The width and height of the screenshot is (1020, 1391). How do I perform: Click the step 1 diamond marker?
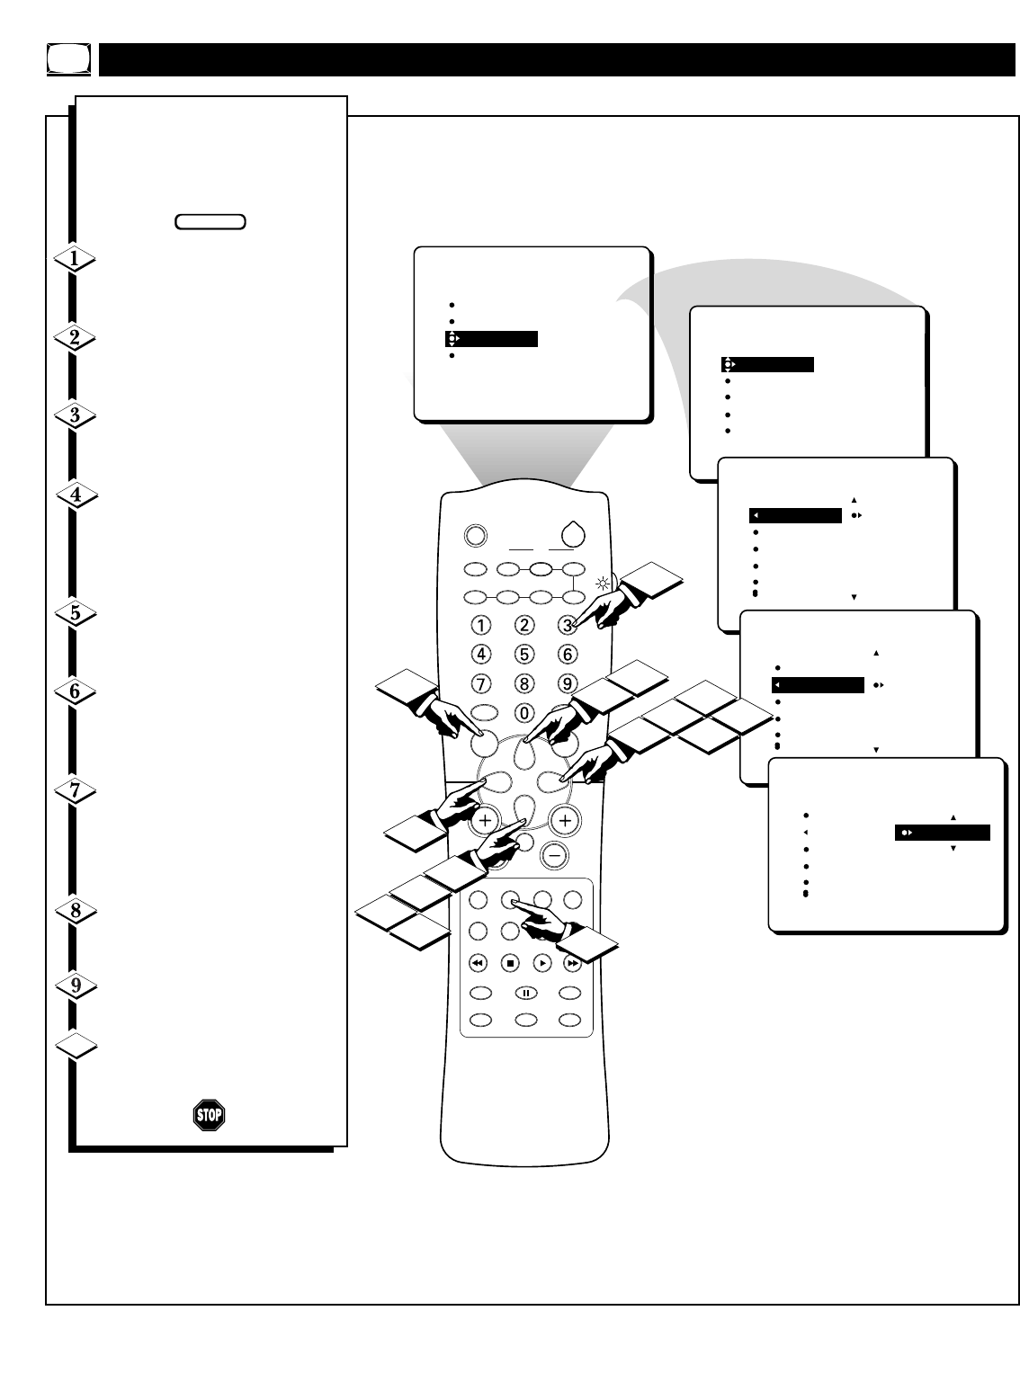coord(76,260)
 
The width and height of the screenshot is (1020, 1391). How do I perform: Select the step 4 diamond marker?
coord(76,495)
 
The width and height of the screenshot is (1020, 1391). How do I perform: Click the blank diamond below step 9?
coord(76,1047)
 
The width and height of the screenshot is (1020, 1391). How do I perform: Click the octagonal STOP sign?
coord(209,1115)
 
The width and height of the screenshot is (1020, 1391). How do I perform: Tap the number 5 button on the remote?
coord(524,654)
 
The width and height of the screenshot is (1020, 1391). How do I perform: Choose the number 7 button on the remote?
coord(481,682)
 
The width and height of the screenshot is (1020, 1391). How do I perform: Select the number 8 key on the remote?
coord(524,682)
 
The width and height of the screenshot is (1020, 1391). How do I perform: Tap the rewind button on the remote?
coord(478,963)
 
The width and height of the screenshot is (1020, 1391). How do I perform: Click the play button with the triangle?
coord(542,963)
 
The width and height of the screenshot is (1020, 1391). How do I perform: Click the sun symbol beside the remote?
coord(603,583)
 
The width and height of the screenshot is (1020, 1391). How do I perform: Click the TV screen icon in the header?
coord(68,59)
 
